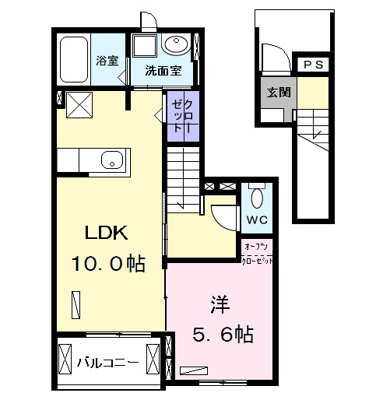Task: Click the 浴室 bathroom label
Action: pos(107,61)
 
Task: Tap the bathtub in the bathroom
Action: pos(74,59)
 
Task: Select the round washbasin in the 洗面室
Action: pos(177,44)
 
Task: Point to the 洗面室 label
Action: pos(163,71)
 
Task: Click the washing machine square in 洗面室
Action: pos(145,46)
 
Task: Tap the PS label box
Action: pos(313,65)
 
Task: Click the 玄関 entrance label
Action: pos(279,92)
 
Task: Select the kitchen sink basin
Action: pos(112,160)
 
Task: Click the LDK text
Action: pos(107,232)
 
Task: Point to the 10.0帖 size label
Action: pos(108,264)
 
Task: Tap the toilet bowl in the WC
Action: pos(257,198)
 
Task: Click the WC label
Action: pos(257,220)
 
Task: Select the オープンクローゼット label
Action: pos(257,254)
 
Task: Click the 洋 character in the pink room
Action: pos(220,304)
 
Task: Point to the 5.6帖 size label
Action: pos(223,335)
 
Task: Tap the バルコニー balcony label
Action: pos(108,363)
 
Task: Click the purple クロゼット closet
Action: pos(183,116)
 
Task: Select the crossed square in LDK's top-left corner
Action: pos(79,105)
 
